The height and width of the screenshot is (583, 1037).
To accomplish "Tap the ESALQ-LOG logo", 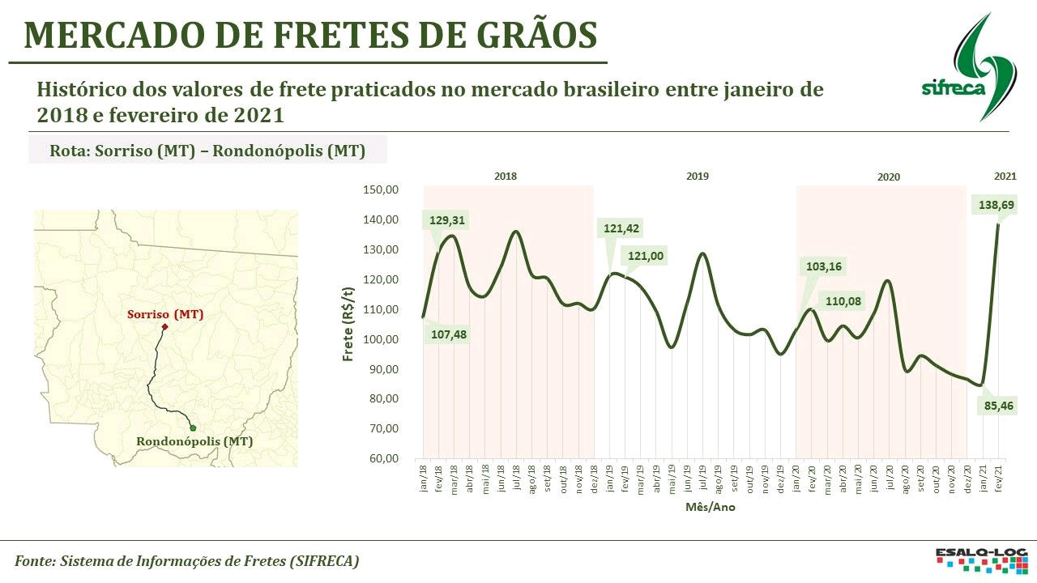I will pyautogui.click(x=980, y=560).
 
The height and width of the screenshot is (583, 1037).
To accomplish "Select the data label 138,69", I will pyautogui.click(x=995, y=206).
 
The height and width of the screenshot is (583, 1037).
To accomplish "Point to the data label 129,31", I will pyautogui.click(x=448, y=220).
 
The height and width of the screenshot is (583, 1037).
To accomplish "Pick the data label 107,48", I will pyautogui.click(x=448, y=334).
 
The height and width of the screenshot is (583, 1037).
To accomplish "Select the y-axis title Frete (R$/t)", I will pyautogui.click(x=348, y=324).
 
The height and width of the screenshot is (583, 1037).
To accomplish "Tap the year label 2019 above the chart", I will pyautogui.click(x=697, y=176).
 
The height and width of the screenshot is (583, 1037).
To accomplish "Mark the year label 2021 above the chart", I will pyautogui.click(x=1005, y=176).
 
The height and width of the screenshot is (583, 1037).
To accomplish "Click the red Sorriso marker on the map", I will pyautogui.click(x=164, y=327).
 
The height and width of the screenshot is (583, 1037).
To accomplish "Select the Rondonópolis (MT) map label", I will pyautogui.click(x=194, y=441).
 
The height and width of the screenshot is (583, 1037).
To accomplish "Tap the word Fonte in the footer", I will pyautogui.click(x=34, y=560).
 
